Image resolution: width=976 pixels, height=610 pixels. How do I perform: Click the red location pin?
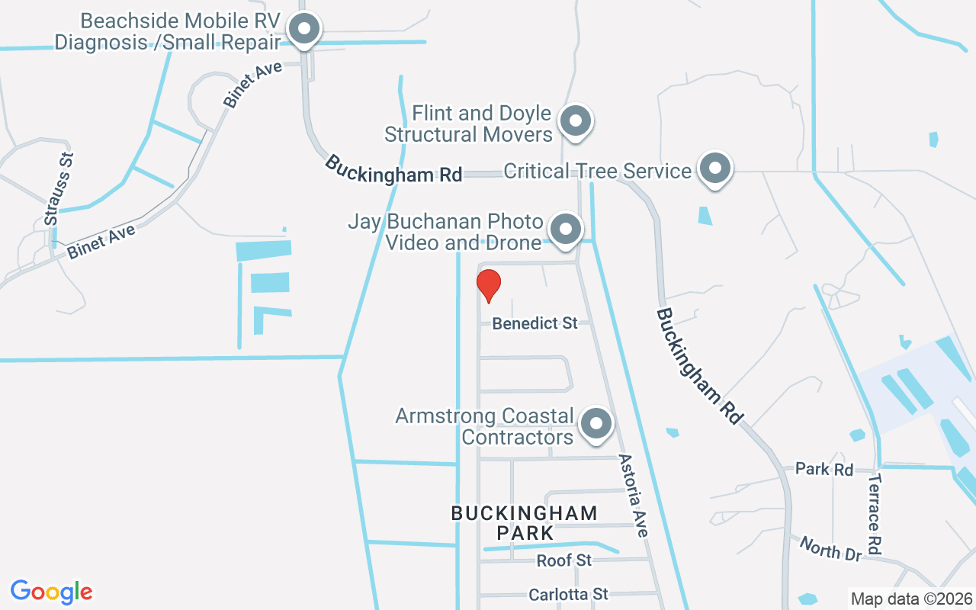[x=488, y=285]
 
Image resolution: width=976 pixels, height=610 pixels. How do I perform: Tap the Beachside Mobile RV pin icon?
[x=305, y=30]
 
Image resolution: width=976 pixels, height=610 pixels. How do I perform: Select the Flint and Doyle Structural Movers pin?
[x=576, y=121]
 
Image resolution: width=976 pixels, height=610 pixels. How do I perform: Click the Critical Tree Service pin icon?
[x=715, y=169]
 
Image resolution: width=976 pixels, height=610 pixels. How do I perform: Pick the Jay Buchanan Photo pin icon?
[x=566, y=229]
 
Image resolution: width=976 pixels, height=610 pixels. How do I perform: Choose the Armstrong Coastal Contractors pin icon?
[x=596, y=423]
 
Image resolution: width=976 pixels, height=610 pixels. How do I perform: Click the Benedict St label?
[x=535, y=323]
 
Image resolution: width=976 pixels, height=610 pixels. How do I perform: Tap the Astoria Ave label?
[x=633, y=496]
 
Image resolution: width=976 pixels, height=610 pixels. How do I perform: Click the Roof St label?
[x=563, y=560]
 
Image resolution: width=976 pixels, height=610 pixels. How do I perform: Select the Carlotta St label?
[x=568, y=594]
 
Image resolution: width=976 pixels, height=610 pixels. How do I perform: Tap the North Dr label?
[x=830, y=549]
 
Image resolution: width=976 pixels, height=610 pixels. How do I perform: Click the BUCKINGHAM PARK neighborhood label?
[x=524, y=522]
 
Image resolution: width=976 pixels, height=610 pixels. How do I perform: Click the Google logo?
[x=51, y=592]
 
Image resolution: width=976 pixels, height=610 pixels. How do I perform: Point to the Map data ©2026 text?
[x=911, y=599]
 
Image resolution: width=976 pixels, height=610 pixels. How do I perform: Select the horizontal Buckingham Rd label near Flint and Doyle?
[x=393, y=169]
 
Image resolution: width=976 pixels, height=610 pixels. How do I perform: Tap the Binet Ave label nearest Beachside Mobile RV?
[x=252, y=84]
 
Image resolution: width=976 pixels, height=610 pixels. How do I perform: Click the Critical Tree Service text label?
[x=597, y=170]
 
